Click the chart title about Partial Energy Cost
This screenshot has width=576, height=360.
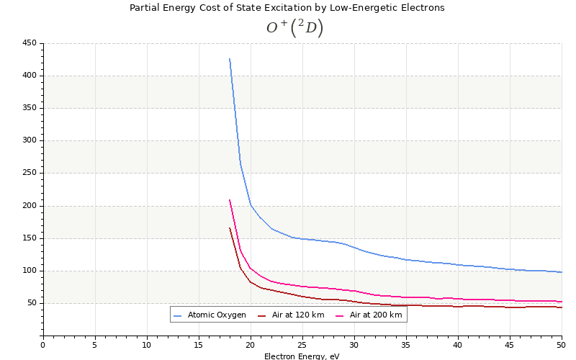(287, 8)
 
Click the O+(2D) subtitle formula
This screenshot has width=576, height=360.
(294, 28)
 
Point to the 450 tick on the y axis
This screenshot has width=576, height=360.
(29, 43)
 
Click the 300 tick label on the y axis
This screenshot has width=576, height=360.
(29, 140)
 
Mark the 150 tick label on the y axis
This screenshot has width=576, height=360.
(29, 238)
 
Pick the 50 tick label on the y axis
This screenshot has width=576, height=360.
(31, 303)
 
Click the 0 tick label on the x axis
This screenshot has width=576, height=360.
(42, 345)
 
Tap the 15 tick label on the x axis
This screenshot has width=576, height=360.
(198, 345)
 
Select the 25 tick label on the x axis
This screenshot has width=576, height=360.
(302, 345)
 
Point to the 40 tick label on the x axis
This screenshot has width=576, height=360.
(458, 345)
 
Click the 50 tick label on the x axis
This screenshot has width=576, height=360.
(562, 345)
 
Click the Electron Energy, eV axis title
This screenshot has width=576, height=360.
(302, 356)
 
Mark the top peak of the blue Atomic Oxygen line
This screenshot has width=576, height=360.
(230, 59)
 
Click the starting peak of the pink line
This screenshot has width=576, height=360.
(230, 200)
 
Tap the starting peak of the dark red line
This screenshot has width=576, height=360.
(230, 228)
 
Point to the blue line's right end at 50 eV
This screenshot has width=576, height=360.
(562, 272)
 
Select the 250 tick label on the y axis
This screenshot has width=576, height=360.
(29, 173)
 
